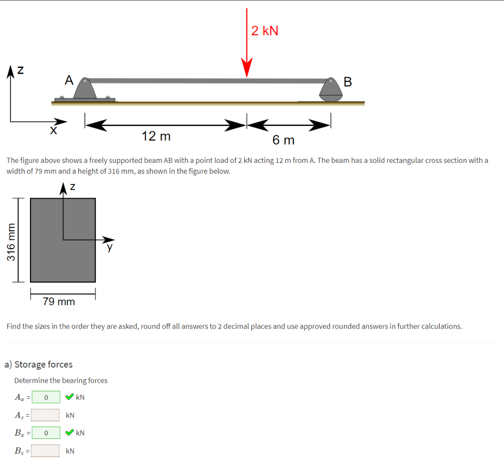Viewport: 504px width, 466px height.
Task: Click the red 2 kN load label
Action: click(264, 31)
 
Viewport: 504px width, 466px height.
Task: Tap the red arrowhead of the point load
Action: click(247, 68)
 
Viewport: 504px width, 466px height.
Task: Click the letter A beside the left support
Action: click(68, 80)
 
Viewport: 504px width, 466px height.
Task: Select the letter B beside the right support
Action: click(347, 82)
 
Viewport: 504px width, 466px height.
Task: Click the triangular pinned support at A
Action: click(87, 89)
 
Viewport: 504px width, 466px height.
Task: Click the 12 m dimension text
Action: click(156, 136)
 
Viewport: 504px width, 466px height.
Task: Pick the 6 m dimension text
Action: click(283, 140)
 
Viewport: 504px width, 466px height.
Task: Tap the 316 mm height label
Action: click(10, 241)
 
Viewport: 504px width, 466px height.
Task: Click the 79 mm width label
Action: click(59, 301)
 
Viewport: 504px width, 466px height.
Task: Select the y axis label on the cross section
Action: click(110, 248)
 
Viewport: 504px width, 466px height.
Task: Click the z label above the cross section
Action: click(72, 187)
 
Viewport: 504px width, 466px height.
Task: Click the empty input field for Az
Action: click(46, 415)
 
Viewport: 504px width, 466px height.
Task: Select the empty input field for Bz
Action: click(46, 451)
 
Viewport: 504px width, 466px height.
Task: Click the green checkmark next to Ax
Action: click(69, 397)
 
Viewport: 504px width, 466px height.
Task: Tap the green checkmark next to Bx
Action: click(69, 433)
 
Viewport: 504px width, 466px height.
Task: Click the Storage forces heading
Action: click(38, 364)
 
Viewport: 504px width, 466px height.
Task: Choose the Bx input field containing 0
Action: click(46, 433)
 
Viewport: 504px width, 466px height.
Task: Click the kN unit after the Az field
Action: click(70, 415)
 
